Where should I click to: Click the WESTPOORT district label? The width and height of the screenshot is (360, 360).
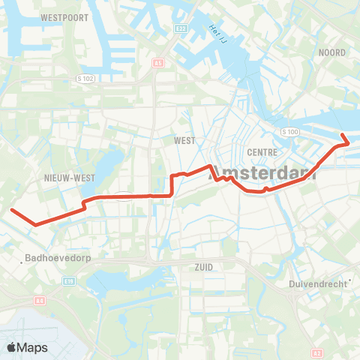point(64,16)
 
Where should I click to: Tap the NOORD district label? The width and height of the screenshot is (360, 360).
point(331,52)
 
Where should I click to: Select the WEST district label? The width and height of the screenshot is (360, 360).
point(184,140)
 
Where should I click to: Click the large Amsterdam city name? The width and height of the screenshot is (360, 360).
point(262,172)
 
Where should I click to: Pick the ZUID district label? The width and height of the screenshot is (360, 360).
point(203,266)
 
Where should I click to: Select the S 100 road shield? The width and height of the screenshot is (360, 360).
point(289,132)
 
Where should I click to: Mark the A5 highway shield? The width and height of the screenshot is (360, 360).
point(157,63)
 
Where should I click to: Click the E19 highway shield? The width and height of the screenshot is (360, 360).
point(69,280)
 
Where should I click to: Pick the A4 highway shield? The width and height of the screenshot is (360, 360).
point(40,300)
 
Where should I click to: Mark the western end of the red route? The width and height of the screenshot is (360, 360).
point(12,210)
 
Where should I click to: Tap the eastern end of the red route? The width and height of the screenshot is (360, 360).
point(344,135)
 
